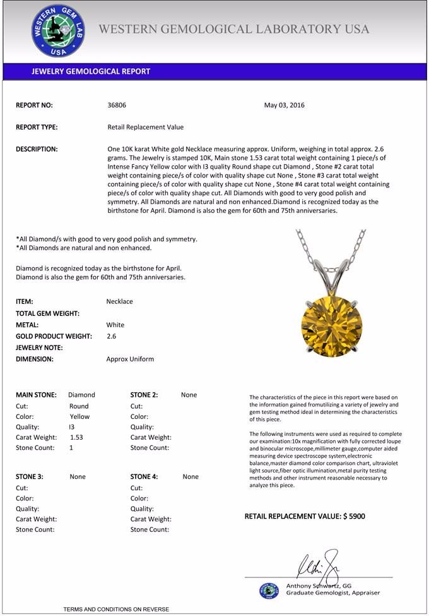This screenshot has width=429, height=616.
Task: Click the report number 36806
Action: click(x=117, y=106)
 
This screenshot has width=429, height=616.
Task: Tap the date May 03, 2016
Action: click(x=284, y=106)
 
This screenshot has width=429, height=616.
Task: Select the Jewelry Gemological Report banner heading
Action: click(x=91, y=71)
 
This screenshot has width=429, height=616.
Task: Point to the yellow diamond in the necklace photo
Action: click(x=331, y=322)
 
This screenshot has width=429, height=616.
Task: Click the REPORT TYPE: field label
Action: click(x=37, y=127)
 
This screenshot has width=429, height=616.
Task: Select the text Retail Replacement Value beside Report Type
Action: click(x=146, y=127)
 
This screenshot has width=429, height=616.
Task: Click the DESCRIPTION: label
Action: click(x=37, y=149)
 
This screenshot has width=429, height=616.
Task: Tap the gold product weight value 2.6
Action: click(x=112, y=336)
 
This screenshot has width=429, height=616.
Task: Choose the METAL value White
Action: click(x=115, y=325)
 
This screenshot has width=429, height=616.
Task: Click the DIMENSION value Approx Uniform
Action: click(x=130, y=359)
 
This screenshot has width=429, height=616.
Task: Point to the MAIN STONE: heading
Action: click(x=36, y=395)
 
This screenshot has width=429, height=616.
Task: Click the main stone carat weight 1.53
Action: click(x=76, y=437)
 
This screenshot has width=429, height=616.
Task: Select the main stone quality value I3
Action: click(x=71, y=427)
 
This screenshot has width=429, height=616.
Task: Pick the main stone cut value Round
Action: click(x=79, y=406)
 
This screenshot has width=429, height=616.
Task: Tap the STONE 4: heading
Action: click(x=144, y=477)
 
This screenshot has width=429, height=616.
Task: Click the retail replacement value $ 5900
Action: click(x=353, y=516)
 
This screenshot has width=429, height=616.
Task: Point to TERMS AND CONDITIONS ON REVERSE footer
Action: click(x=116, y=609)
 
